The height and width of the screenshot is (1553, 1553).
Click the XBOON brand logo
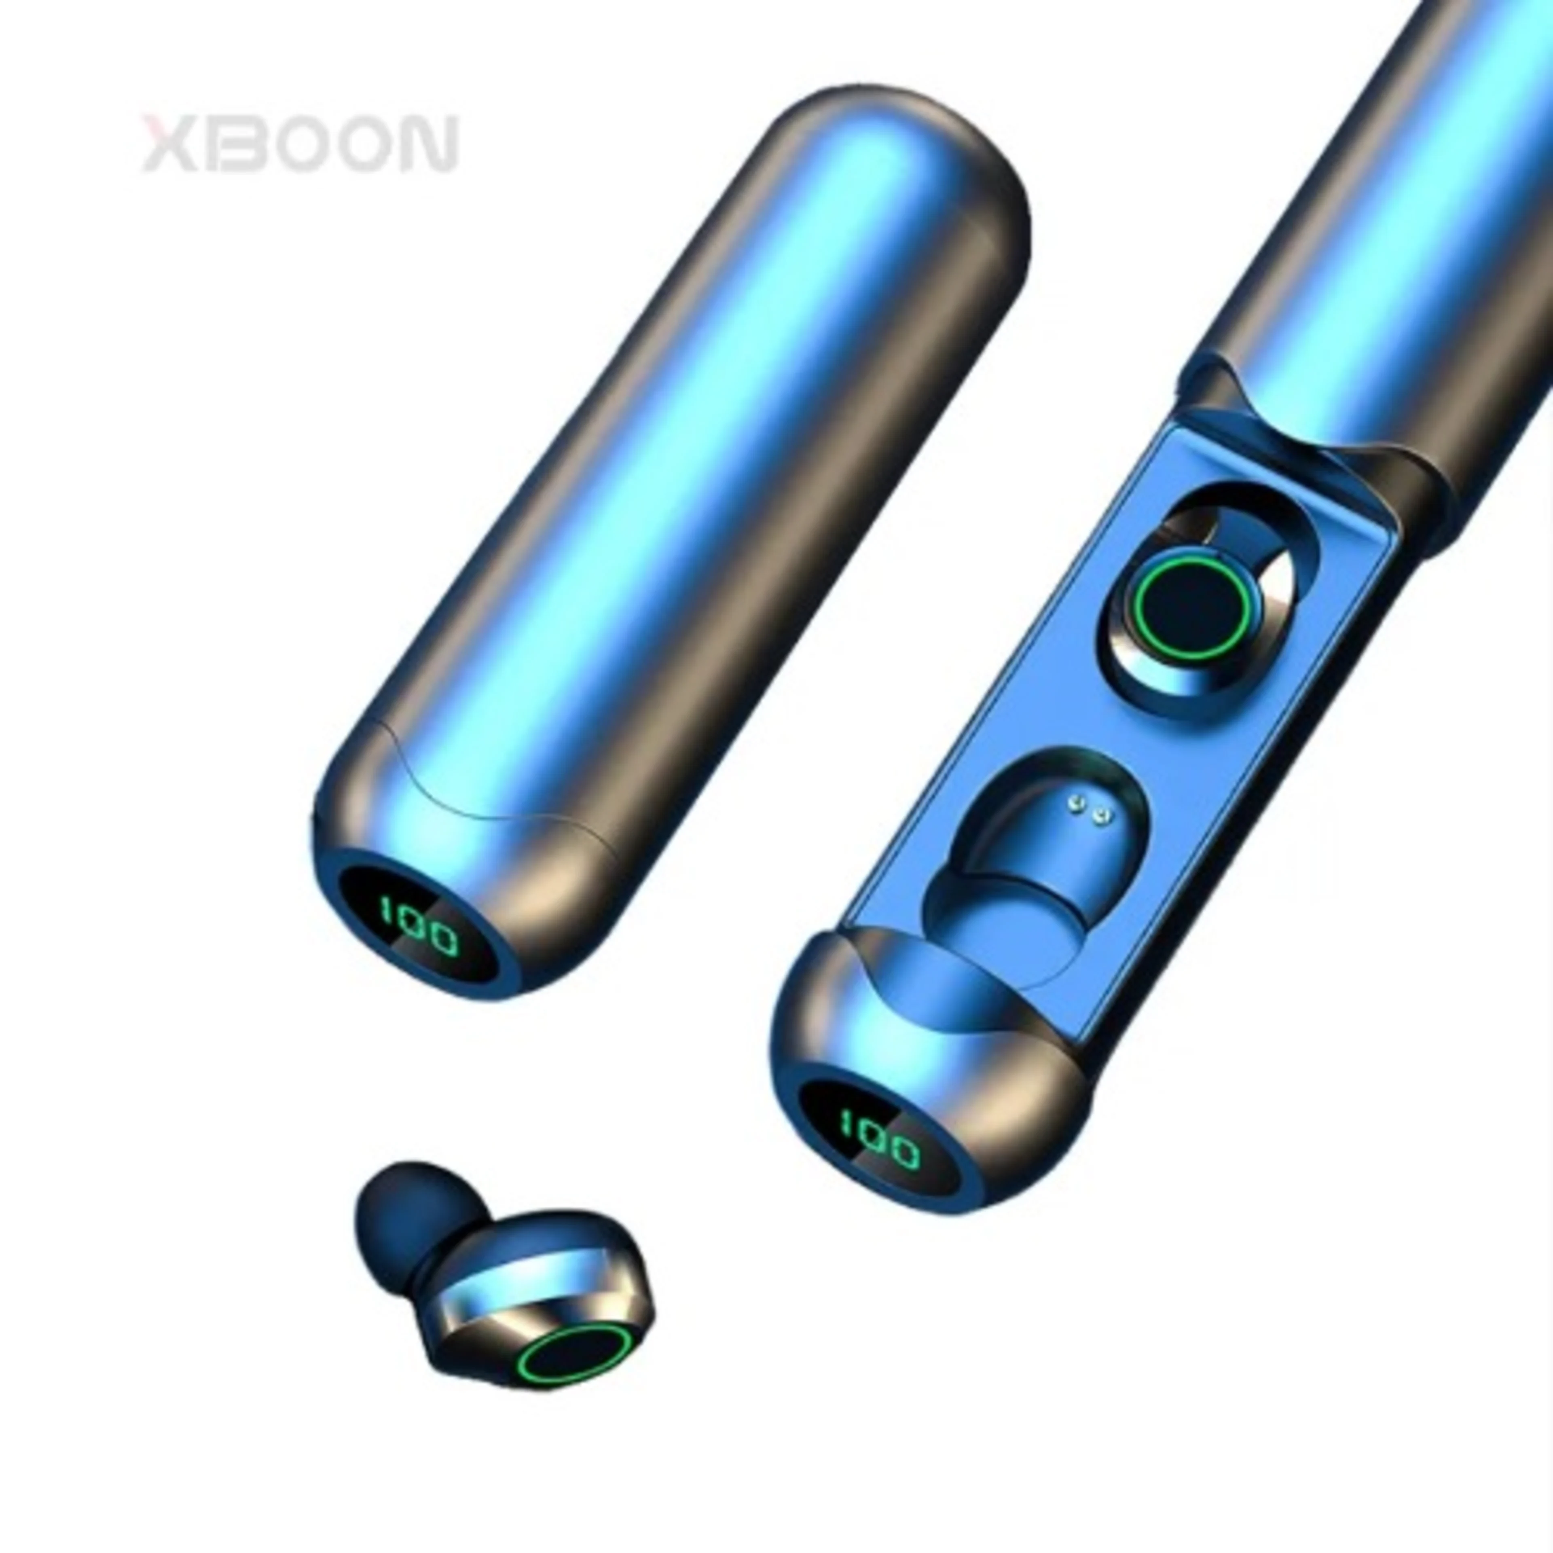[x=300, y=145]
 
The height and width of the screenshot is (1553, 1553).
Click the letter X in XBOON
[x=169, y=145]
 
